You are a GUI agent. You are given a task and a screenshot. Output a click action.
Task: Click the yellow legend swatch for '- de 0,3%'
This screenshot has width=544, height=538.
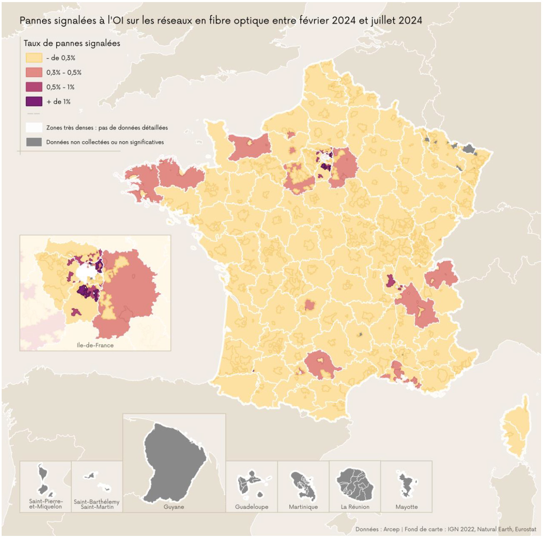coord(34,58)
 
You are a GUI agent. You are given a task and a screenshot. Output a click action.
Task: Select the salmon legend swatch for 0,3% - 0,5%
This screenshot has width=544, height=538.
coord(34,72)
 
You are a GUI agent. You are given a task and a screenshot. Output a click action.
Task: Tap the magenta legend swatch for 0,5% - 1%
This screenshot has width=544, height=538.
coord(34,87)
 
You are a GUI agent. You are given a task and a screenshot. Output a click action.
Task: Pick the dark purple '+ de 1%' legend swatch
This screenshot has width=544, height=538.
coord(34,102)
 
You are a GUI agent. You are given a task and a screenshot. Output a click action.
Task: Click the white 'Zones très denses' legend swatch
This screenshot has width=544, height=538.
coord(34,127)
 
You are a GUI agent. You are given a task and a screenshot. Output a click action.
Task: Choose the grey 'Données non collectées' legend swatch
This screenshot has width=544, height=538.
coord(34,142)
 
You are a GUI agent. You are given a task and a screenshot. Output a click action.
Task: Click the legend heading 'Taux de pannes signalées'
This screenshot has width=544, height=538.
coord(72,43)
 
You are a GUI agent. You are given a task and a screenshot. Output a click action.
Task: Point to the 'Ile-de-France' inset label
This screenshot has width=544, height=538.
coord(95,345)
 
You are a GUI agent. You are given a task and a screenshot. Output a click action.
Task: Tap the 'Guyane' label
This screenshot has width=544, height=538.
coord(174,507)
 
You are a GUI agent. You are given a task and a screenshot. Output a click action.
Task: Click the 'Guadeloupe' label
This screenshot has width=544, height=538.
coord(252,507)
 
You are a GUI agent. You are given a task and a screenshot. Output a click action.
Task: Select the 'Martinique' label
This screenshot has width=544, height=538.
coord(303,507)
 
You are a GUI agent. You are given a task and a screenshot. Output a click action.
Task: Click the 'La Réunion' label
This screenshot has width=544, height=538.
coord(355,507)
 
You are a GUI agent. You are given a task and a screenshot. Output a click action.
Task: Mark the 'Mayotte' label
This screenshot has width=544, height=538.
coord(407,507)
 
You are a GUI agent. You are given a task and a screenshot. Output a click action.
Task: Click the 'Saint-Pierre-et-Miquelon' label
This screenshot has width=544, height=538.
coord(45,504)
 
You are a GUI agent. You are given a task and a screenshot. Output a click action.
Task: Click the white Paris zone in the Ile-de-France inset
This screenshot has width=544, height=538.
coord(86,273)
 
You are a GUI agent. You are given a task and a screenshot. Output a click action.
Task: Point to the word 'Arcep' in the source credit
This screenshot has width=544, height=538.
coord(391,529)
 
